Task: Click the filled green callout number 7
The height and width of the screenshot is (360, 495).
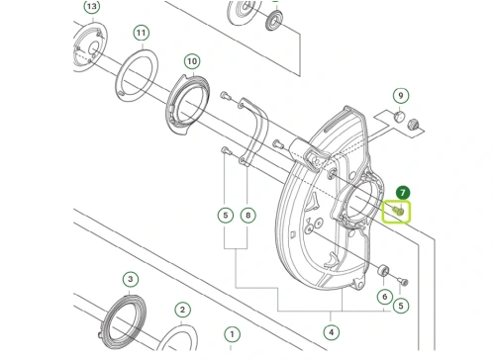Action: click(403, 193)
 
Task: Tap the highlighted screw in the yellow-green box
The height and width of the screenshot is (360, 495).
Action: click(398, 211)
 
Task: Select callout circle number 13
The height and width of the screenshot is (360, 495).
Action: click(92, 6)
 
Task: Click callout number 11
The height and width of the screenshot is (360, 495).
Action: click(142, 33)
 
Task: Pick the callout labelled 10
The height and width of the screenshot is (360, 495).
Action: click(192, 61)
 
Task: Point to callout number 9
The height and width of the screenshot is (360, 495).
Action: click(401, 96)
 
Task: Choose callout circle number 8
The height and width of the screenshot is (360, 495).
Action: click(248, 216)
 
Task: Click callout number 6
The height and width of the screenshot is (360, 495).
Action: click(385, 297)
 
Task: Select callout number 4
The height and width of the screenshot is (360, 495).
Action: click(331, 332)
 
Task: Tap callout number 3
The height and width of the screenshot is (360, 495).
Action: click(131, 279)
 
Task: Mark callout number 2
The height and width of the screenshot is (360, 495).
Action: click(182, 310)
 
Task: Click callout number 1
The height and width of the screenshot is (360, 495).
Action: click(232, 334)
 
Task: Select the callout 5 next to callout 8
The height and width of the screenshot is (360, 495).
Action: click(226, 216)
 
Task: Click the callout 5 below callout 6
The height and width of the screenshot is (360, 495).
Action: click(401, 306)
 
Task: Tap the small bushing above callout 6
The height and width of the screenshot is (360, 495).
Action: click(383, 270)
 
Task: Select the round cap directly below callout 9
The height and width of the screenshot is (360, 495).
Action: click(399, 117)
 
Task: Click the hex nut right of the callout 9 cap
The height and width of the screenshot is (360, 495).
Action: click(413, 125)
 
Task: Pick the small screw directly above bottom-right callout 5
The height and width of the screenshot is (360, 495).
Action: click(404, 282)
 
